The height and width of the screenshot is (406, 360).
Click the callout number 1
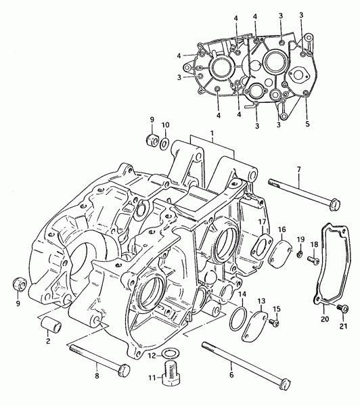pos(212,133)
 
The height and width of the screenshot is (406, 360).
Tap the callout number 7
pos(299,170)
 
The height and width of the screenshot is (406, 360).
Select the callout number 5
pos(307,124)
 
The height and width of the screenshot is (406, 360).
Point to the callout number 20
pos(325,319)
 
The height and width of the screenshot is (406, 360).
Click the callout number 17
pos(262,222)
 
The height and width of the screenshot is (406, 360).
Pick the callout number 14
pos(242,294)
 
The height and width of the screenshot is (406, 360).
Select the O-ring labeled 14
pos(238,318)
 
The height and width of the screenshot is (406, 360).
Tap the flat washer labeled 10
pos(164,142)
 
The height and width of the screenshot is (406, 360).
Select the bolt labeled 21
pos(342,309)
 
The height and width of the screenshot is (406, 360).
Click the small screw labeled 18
pos(313,258)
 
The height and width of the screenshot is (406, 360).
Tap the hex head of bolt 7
pos(334,204)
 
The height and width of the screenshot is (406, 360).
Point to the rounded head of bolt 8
pos(124,370)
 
